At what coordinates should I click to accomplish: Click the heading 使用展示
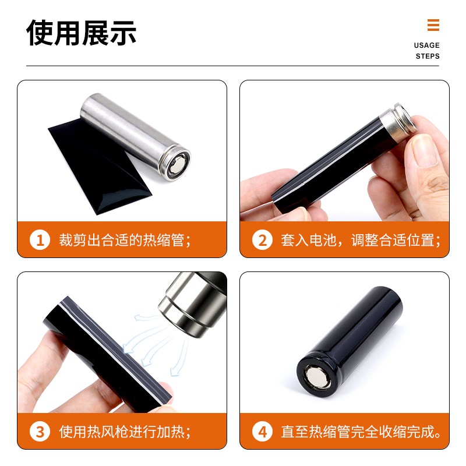(x=82, y=33)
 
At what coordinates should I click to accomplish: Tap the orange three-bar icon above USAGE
(x=433, y=26)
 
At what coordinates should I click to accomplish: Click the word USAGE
(x=426, y=45)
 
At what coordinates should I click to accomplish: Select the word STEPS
(x=428, y=57)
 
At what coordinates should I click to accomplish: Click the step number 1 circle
(x=40, y=239)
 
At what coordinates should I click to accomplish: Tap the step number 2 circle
(x=262, y=239)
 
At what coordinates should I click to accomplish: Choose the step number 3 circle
(x=40, y=432)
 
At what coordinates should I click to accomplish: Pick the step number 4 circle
(x=262, y=432)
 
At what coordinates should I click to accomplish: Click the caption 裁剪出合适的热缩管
(x=125, y=239)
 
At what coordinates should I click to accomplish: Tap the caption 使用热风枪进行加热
(x=125, y=432)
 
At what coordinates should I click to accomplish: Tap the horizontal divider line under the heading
(x=233, y=66)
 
